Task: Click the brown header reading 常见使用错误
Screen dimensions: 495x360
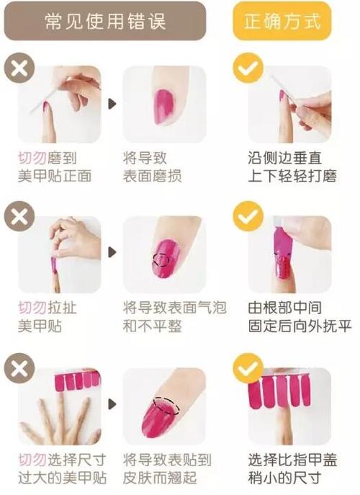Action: coord(105,21)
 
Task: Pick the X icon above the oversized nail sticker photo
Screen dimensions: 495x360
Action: coord(17,368)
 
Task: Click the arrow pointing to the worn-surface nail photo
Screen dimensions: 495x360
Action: coord(112,104)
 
